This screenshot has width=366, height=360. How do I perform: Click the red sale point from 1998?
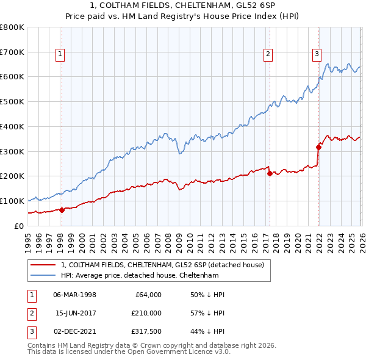point(62,210)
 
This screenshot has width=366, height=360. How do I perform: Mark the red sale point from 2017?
point(269,173)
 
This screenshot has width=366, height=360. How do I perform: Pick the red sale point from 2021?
point(318,146)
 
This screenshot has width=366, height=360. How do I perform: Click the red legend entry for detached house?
point(162,265)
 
